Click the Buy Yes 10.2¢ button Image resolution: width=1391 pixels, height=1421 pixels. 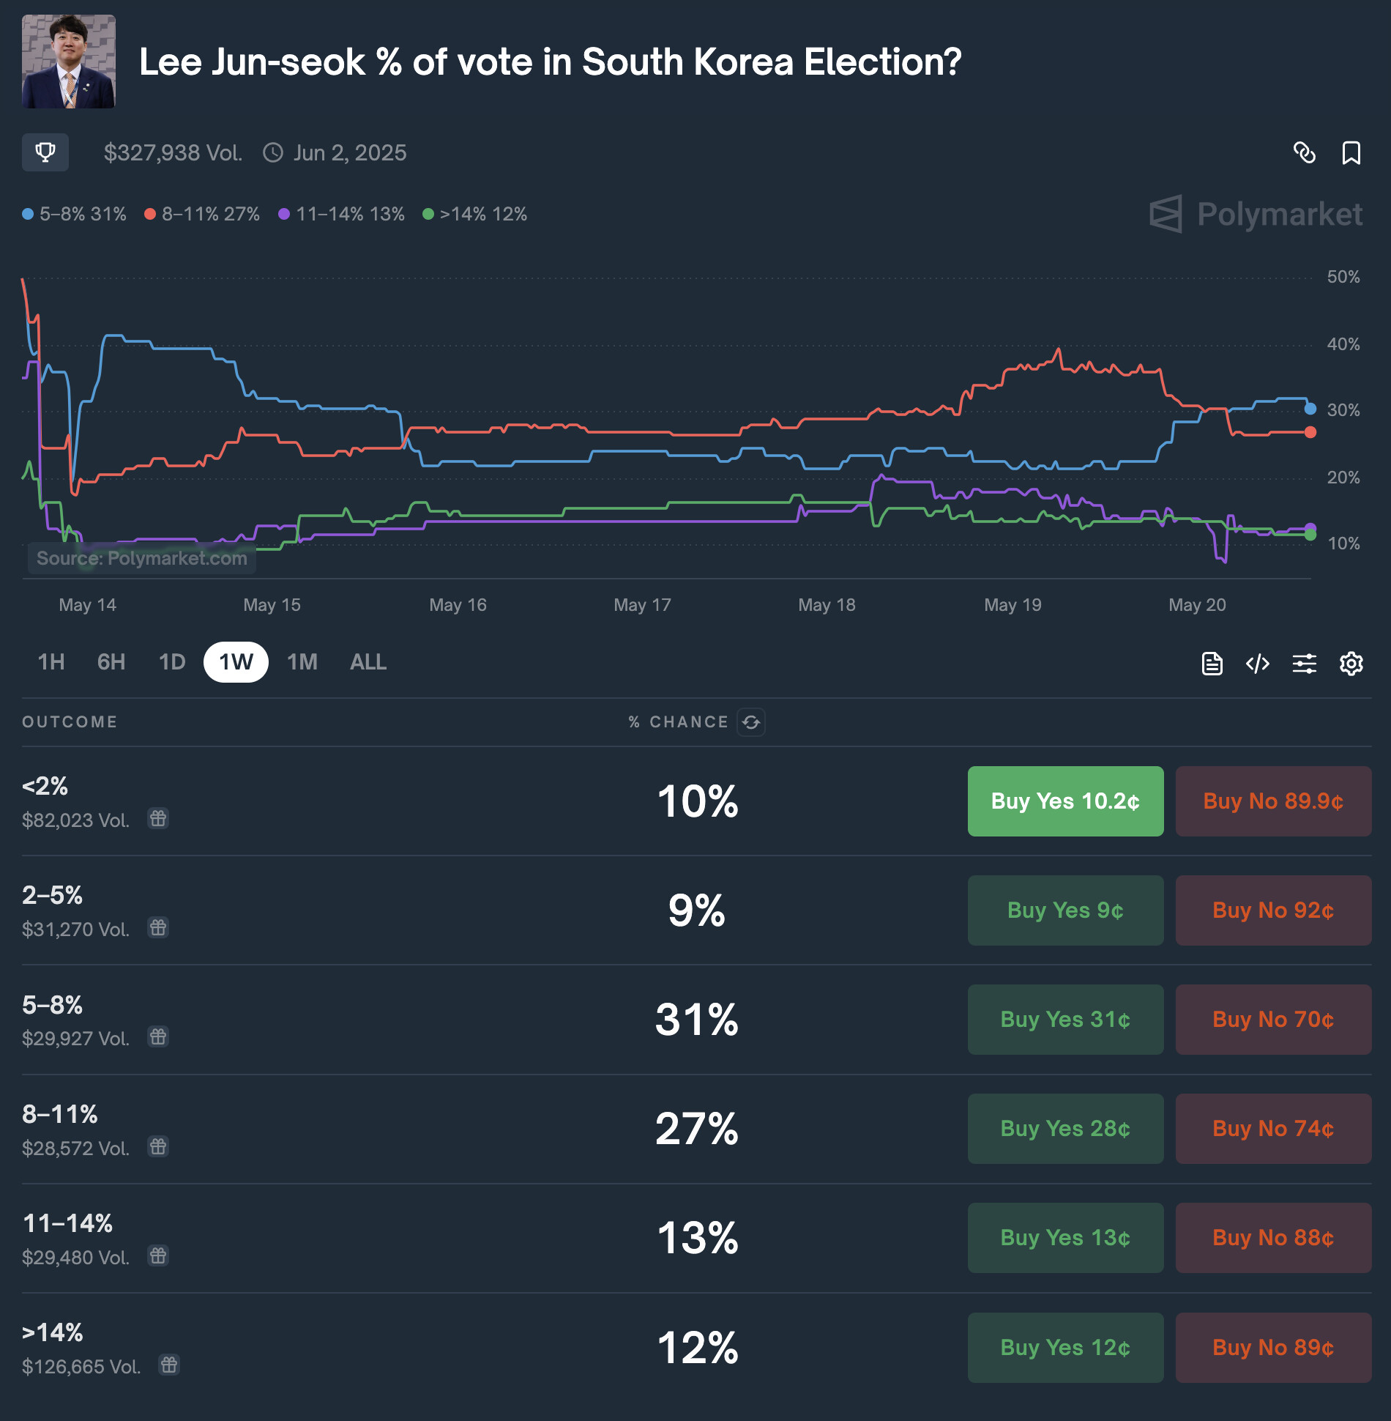pos(1065,801)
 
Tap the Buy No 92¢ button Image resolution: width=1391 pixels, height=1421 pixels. pos(1273,910)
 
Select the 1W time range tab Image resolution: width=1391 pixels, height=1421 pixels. pos(236,662)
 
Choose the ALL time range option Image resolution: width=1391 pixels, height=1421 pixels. pos(368,662)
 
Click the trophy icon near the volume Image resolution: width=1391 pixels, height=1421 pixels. pos(45,152)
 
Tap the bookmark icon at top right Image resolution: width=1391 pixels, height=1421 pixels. pos(1351,153)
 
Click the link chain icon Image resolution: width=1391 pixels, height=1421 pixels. pos(1305,153)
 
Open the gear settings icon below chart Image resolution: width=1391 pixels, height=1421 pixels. pos(1351,664)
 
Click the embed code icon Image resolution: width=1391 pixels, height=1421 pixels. pos(1257,664)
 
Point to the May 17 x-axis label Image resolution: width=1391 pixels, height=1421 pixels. pos(642,605)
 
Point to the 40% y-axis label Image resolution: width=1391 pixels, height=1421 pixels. pos(1343,344)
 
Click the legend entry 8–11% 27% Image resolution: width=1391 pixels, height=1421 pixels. pos(203,214)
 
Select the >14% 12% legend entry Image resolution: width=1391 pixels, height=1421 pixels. pos(475,214)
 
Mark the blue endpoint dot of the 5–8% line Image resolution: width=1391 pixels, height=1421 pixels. pos(1310,409)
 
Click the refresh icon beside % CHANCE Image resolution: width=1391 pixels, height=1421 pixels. pos(751,722)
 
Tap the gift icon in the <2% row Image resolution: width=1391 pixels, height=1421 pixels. pos(158,818)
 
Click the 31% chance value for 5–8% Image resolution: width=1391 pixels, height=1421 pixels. pos(696,1019)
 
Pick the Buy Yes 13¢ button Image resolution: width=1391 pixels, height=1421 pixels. pos(1065,1237)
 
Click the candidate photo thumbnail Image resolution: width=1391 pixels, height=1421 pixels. pos(69,62)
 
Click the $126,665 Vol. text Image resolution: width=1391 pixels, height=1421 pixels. pos(81,1367)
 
